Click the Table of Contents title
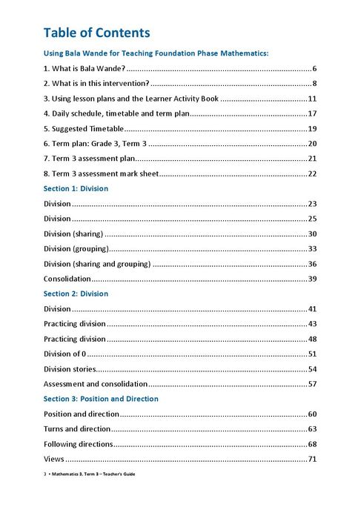(96, 33)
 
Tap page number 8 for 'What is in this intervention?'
(314, 83)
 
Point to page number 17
(312, 113)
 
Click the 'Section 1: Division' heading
(76, 188)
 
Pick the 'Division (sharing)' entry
(73, 234)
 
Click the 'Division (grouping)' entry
(76, 248)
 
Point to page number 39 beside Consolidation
(312, 279)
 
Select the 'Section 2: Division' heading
(76, 294)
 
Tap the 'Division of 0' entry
(65, 354)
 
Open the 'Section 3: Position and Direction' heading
(101, 399)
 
